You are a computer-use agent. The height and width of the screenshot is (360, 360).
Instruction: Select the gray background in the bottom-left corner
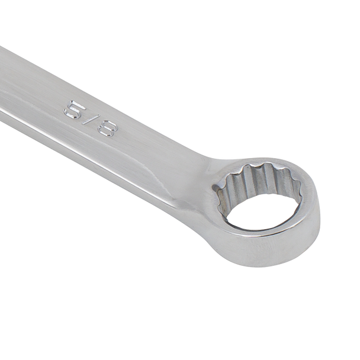tap(36, 326)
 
